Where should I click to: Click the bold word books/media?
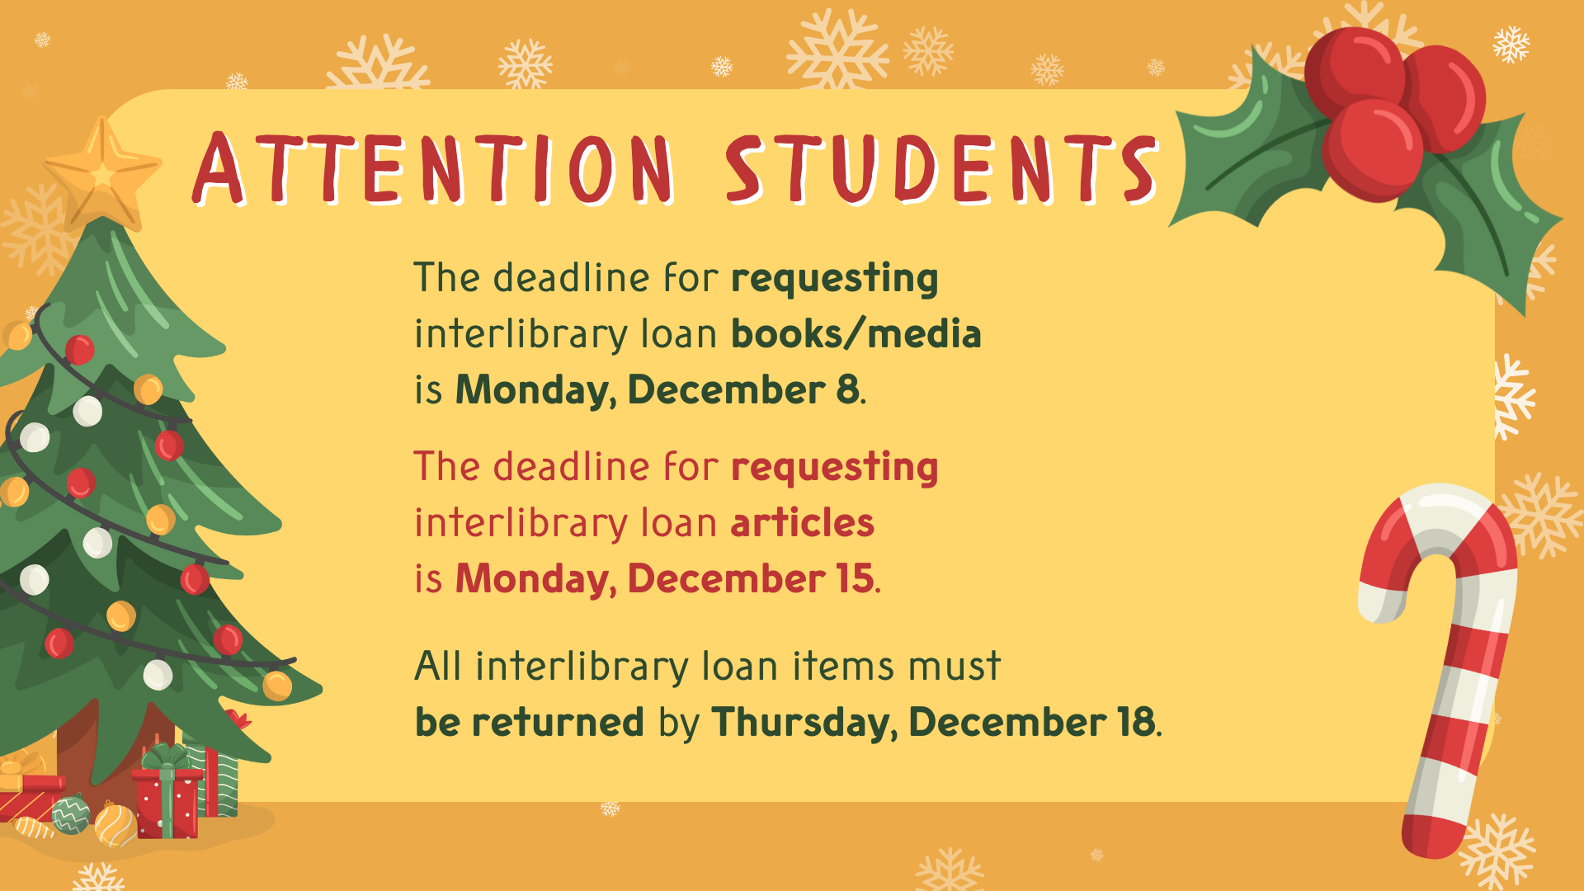point(856,334)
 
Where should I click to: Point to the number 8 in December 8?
point(847,389)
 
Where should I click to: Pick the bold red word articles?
point(802,523)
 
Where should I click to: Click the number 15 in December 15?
point(855,578)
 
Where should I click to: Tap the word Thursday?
point(804,723)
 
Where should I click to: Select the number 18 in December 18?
point(1136,723)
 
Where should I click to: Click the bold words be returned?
point(529,723)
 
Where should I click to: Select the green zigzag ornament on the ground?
point(72,814)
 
